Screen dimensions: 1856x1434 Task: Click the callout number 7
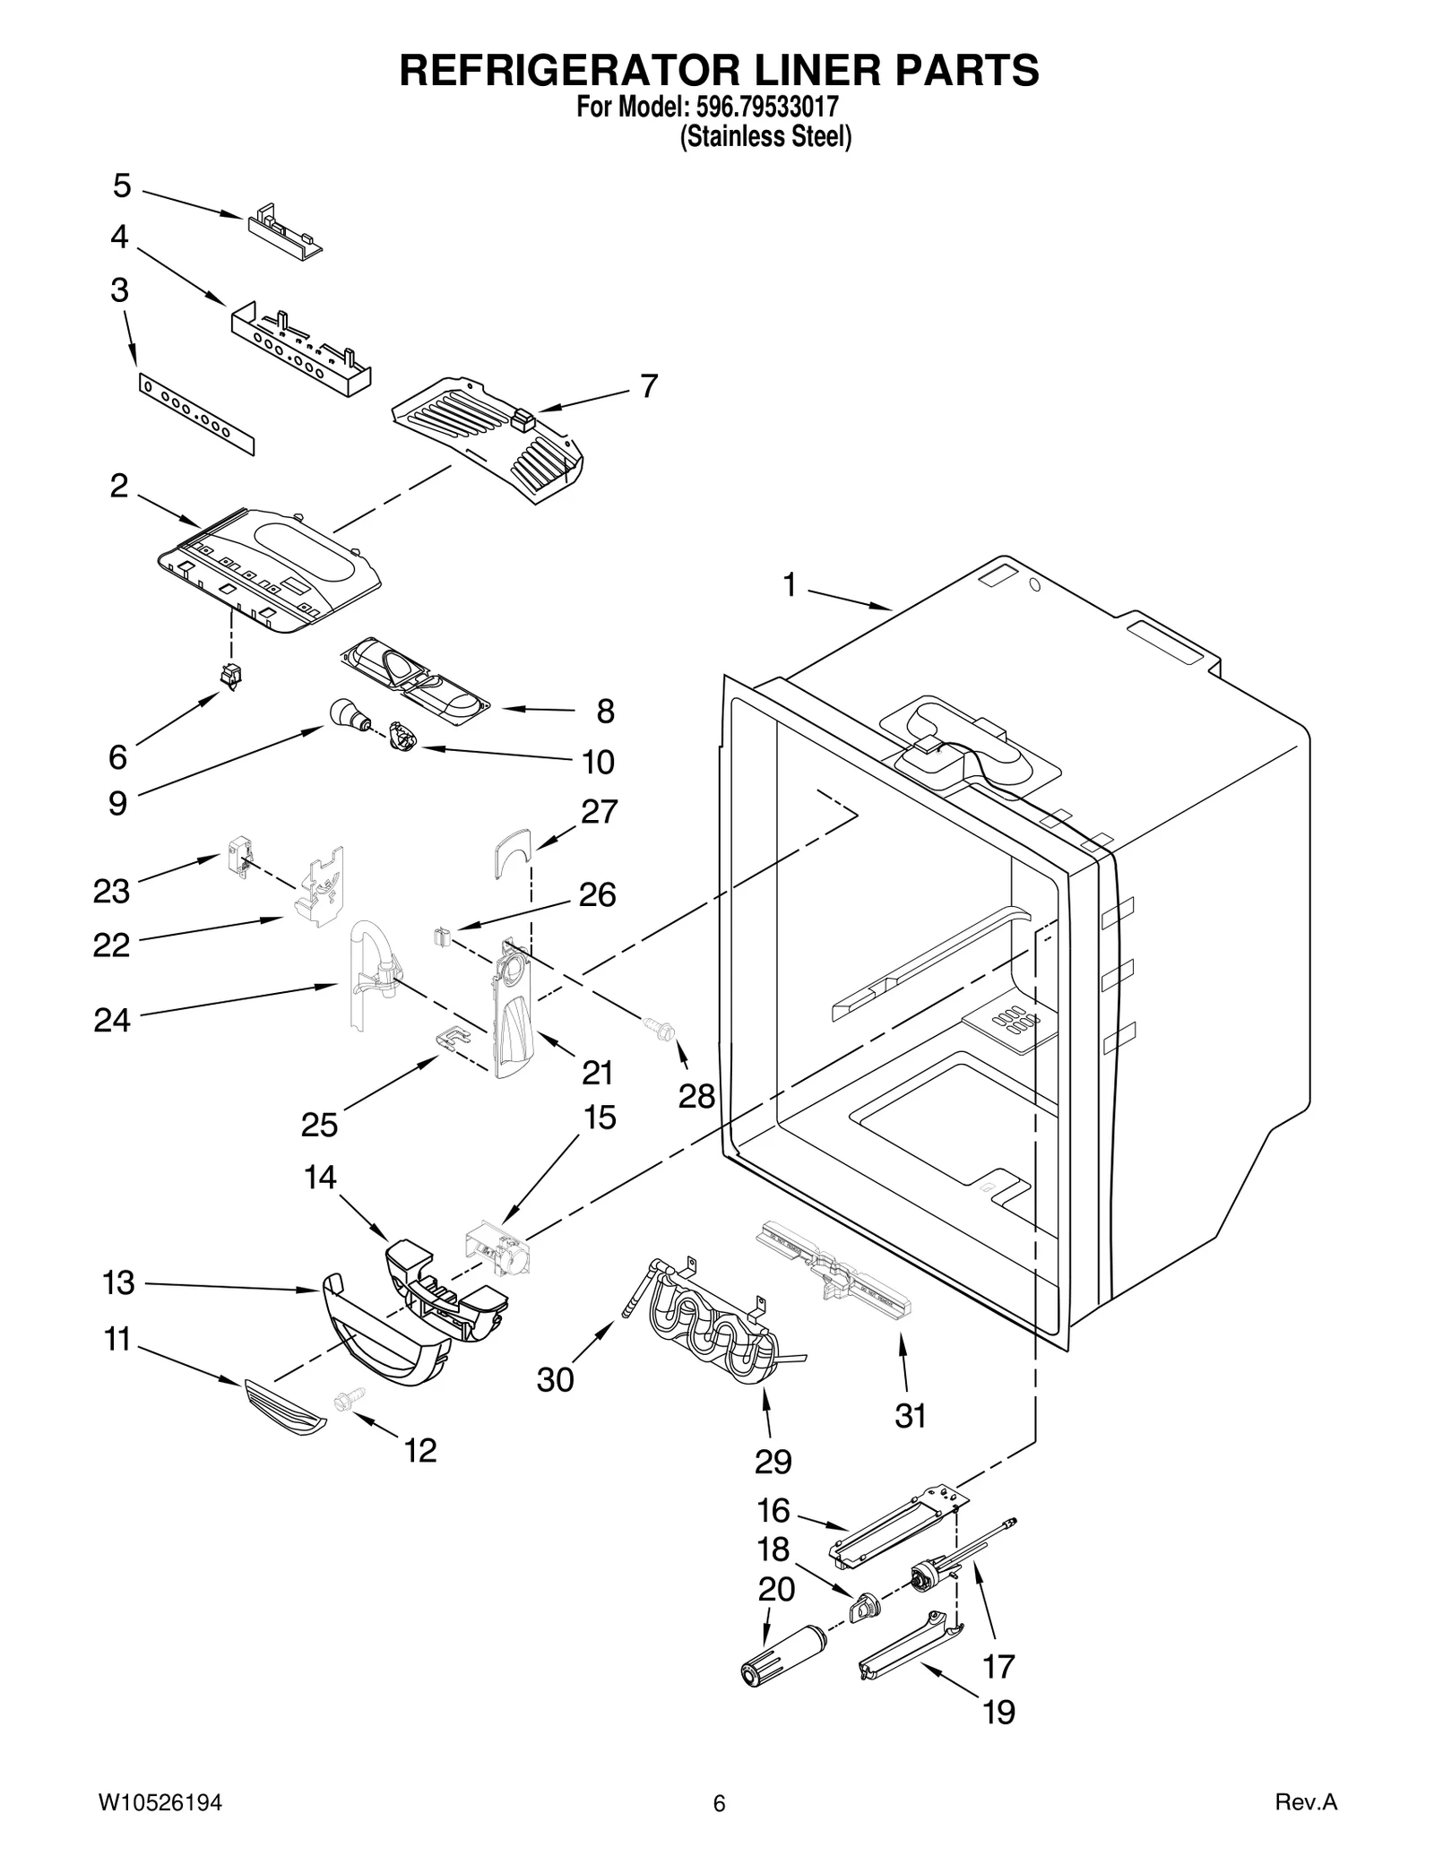pos(649,385)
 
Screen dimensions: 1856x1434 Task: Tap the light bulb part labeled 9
pos(344,715)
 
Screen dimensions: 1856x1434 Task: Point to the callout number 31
pos(910,1416)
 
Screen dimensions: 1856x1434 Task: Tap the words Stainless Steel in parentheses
pos(765,137)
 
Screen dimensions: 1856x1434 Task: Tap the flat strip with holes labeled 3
pos(196,415)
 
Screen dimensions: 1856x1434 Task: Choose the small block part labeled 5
pos(283,235)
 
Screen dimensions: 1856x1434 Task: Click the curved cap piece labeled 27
pos(512,851)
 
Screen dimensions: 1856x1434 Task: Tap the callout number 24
pos(112,1020)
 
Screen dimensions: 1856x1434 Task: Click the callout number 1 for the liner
pos(789,585)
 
